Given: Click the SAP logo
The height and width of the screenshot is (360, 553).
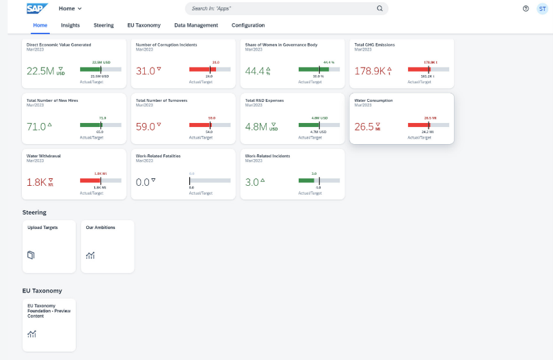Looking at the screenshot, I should click(x=36, y=8).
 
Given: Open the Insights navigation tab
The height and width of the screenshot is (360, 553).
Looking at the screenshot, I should click(x=70, y=25).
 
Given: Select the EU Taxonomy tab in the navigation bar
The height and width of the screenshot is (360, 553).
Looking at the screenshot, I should click(x=144, y=25).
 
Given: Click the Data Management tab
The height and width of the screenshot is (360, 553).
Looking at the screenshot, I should click(x=195, y=25).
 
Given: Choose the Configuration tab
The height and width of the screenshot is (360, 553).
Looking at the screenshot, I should click(x=248, y=25).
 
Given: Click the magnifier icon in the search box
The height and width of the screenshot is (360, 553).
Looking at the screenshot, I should click(x=380, y=9).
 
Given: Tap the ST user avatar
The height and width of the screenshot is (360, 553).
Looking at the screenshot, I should click(x=542, y=9).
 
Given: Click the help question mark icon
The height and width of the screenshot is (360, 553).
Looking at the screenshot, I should click(x=526, y=9).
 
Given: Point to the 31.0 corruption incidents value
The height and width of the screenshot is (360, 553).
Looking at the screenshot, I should click(x=146, y=71).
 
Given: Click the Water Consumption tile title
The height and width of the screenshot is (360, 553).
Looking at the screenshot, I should click(x=373, y=100).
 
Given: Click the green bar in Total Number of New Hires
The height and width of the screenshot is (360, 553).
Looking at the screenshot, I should click(x=90, y=124).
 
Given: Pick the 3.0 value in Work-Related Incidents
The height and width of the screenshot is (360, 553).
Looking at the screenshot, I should click(x=252, y=182).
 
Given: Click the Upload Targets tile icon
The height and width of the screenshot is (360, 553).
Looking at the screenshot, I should click(x=31, y=255).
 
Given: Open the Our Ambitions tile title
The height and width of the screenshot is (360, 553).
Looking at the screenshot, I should click(x=100, y=227).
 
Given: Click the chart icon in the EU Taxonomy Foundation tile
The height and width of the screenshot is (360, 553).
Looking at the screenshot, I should click(x=31, y=334).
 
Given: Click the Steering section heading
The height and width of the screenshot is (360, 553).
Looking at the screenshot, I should click(x=34, y=212).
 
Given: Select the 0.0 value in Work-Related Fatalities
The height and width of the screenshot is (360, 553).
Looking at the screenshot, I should click(x=142, y=182).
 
